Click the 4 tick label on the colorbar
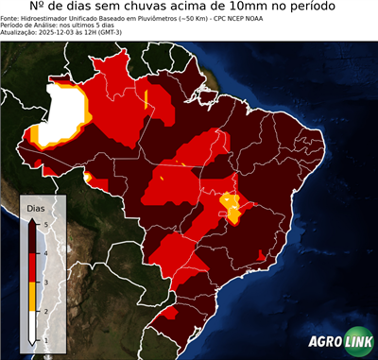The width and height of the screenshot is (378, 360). [46, 252]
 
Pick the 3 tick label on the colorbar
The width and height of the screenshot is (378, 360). [46, 282]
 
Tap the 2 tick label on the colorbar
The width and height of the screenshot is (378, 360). [46, 311]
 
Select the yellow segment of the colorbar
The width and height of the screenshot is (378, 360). [33, 297]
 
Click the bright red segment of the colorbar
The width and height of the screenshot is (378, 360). [33, 267]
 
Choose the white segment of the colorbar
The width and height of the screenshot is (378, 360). [33, 326]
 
